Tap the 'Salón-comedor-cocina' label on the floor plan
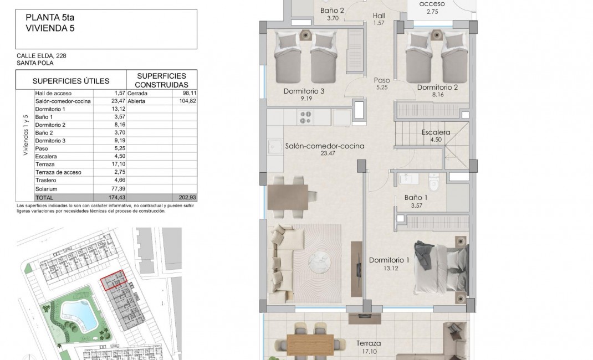point(324,146)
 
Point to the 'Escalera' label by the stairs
point(436,133)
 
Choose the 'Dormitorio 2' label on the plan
point(437,87)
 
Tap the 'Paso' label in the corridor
point(382,80)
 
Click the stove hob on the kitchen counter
point(305,117)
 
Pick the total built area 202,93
point(185,197)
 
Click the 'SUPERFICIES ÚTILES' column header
point(71,80)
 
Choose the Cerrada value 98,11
point(185,93)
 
